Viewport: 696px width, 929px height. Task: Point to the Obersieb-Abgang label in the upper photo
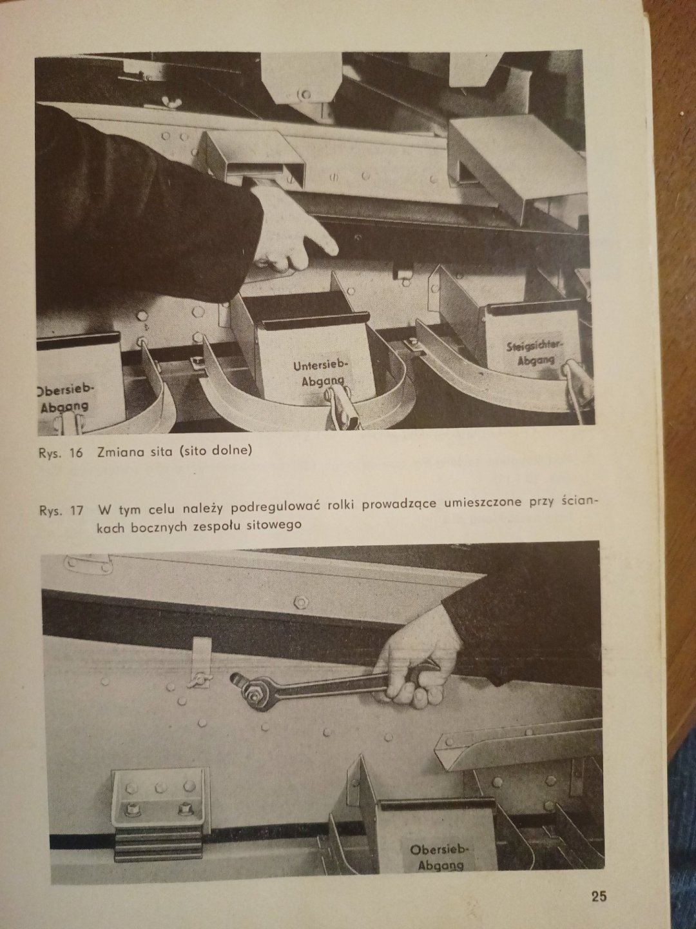tap(63, 398)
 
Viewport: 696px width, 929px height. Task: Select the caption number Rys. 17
tap(61, 510)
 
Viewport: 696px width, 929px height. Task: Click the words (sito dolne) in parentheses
tap(215, 451)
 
